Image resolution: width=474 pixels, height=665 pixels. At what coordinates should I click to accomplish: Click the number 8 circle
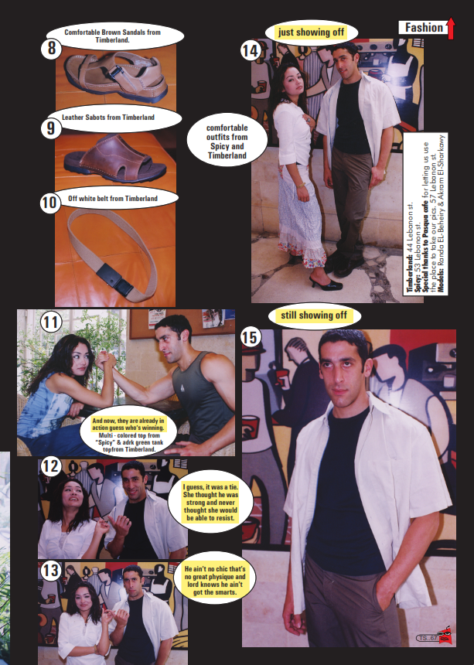pos(50,47)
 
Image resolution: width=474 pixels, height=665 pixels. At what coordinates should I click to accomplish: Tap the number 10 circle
pos(50,203)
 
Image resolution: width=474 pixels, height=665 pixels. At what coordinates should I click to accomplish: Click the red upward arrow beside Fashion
pos(450,28)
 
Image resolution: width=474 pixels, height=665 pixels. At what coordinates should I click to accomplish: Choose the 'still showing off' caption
pos(314,316)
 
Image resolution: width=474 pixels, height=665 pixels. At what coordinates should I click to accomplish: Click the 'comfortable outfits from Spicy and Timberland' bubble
pos(227,140)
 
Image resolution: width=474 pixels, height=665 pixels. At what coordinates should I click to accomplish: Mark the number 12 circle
pos(50,466)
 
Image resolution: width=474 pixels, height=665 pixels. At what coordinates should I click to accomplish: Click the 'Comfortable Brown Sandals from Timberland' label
pos(116,35)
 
